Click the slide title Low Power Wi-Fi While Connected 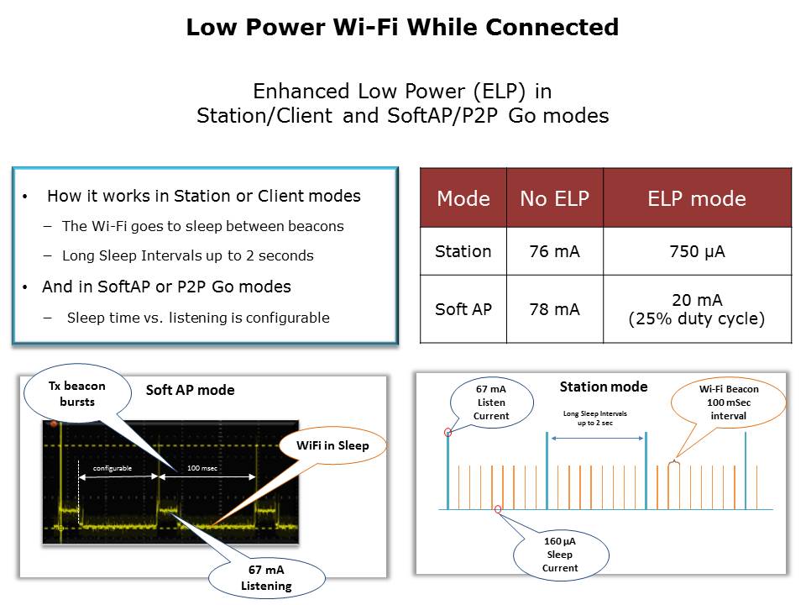[x=402, y=27]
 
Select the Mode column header [x=463, y=198]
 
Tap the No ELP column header [x=555, y=198]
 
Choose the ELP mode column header [x=697, y=198]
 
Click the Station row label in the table [x=463, y=251]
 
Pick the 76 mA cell [x=555, y=251]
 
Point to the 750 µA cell [x=697, y=251]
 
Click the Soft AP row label [x=463, y=309]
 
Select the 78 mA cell [x=555, y=309]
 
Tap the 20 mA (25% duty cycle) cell [x=697, y=309]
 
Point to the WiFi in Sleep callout [x=332, y=445]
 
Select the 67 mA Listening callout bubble [x=266, y=578]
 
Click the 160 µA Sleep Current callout [x=560, y=555]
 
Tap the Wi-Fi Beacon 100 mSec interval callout [x=729, y=402]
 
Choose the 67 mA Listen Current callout [x=491, y=402]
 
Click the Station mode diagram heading [x=604, y=387]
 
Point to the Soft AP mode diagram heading [x=191, y=390]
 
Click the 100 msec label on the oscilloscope [x=202, y=468]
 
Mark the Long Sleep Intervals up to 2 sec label [x=595, y=418]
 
